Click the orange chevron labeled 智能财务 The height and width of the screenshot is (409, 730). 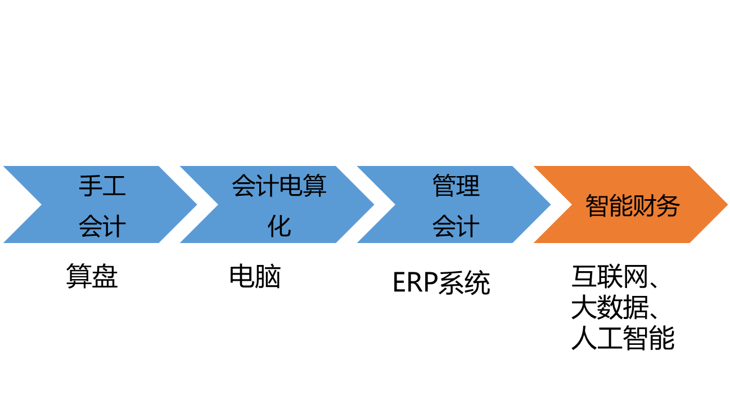630,204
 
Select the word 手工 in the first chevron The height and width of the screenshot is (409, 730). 102,186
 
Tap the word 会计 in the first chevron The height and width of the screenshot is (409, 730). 102,226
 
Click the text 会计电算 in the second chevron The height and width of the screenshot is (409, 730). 279,186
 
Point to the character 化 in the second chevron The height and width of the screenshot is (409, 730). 279,226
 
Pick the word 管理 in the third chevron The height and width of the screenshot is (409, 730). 456,186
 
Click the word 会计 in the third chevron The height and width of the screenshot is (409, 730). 456,226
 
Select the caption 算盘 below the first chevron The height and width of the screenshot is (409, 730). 92,276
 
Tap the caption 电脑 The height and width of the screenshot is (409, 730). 255,276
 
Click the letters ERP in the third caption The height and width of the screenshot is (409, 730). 415,282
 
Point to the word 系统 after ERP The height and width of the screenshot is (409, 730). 464,282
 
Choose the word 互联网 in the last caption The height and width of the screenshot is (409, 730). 610,276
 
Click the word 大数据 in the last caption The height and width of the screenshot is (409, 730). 610,307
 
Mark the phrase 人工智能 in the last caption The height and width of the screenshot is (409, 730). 623,338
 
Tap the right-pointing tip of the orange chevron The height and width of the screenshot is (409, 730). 728,205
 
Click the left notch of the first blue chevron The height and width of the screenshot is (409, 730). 42,205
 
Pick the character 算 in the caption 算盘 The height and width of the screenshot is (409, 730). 79,276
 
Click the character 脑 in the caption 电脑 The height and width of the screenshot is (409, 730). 268,276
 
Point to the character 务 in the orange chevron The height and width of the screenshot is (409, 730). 668,206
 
